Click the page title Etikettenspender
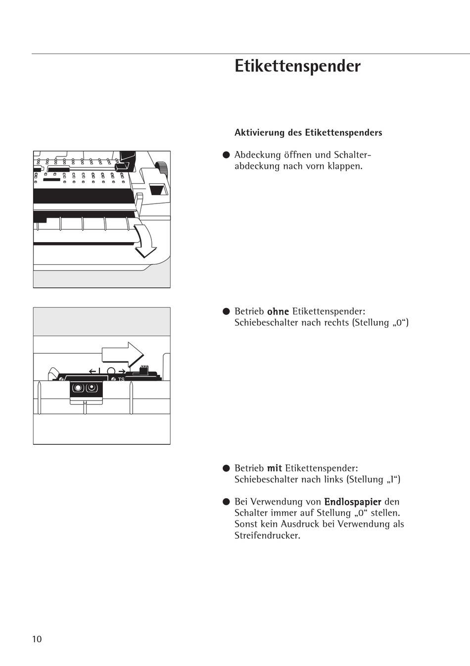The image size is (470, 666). click(x=297, y=66)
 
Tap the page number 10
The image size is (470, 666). click(x=37, y=639)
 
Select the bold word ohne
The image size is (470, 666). click(x=278, y=311)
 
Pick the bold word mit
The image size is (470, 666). click(x=274, y=468)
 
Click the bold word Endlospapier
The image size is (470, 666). click(x=352, y=502)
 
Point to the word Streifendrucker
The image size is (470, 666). click(x=267, y=535)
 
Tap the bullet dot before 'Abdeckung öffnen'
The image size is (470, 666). click(x=226, y=155)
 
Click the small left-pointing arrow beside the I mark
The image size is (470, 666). click(x=92, y=371)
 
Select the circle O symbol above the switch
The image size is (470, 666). click(x=111, y=371)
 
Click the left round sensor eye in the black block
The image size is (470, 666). click(x=78, y=388)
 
